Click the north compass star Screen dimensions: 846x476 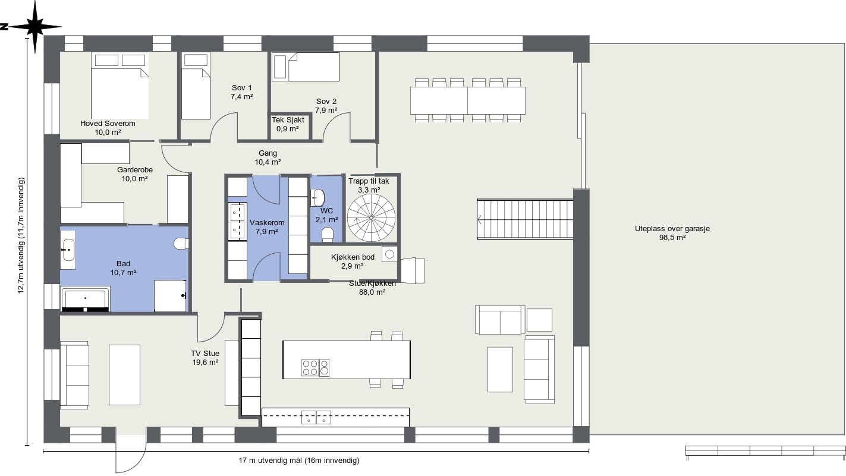tap(35, 27)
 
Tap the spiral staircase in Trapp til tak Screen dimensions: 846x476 tap(371, 218)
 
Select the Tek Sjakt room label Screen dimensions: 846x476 tap(288, 124)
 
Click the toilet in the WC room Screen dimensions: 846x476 tap(328, 234)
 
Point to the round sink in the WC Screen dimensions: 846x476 tap(318, 198)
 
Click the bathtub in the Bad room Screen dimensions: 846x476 tap(86, 298)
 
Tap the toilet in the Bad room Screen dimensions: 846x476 tap(181, 244)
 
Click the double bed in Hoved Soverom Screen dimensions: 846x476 tap(119, 86)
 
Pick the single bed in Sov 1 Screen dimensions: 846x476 tap(196, 86)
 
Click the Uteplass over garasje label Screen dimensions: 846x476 tap(672, 233)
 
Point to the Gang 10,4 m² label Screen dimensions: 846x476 tap(268, 157)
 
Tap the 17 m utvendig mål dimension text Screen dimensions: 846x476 tap(298, 461)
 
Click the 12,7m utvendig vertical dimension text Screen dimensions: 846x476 tap(21, 235)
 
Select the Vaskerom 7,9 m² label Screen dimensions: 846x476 tap(267, 227)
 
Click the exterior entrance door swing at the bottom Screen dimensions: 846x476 tap(131, 454)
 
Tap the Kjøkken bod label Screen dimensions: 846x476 tap(353, 261)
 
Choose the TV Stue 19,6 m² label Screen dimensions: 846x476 tap(205, 358)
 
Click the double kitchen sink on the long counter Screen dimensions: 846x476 tap(316, 417)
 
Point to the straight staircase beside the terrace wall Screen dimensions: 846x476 tap(525, 219)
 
